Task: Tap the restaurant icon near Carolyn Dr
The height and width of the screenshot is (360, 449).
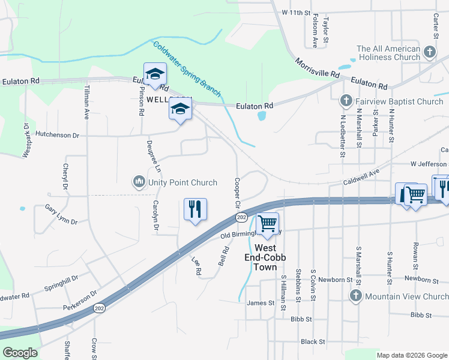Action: (195, 209)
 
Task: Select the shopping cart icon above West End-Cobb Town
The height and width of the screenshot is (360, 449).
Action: (267, 224)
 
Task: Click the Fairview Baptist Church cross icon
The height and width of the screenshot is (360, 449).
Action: (346, 101)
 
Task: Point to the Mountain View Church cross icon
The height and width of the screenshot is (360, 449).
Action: (355, 296)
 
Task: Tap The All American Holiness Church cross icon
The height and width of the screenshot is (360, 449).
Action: (430, 52)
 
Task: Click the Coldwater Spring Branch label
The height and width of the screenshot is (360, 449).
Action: (187, 69)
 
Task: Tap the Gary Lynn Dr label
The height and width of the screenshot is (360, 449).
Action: (61, 214)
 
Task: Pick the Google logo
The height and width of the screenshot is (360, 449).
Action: (20, 352)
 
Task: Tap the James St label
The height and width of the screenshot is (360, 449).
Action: (261, 303)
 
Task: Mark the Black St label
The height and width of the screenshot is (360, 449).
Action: (313, 341)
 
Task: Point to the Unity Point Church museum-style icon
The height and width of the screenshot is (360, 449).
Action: (139, 181)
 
